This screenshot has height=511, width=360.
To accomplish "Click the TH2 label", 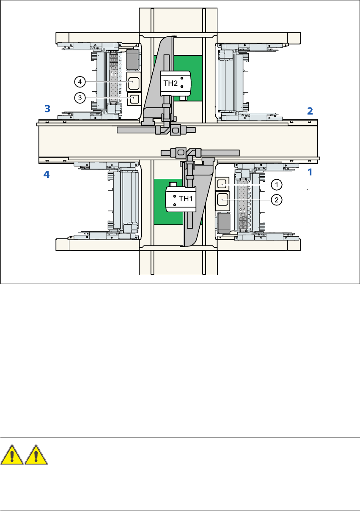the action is (170, 83).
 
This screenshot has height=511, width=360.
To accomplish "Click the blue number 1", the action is (310, 172).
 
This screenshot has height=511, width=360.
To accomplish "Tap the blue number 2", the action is (310, 111).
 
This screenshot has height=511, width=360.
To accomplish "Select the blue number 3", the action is (47, 109).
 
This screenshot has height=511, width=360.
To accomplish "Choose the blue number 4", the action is (47, 174).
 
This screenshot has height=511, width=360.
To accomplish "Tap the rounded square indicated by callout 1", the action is (222, 184).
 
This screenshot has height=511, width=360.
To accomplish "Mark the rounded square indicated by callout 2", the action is (223, 199).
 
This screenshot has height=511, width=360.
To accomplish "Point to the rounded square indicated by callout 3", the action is (133, 98).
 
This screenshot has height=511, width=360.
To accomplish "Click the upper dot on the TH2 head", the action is (181, 78).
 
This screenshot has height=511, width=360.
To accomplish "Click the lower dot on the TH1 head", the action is (175, 205).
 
